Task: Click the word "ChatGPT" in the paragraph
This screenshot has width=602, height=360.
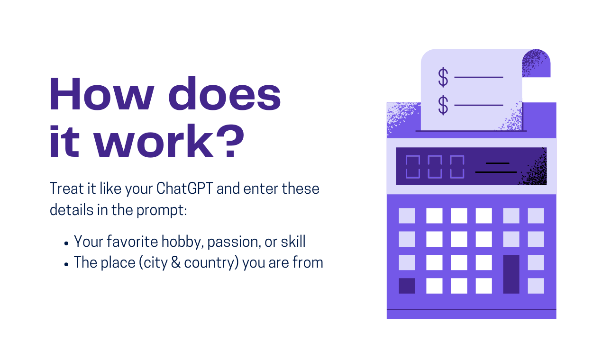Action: [185, 189]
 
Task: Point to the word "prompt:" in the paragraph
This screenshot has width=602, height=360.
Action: [162, 210]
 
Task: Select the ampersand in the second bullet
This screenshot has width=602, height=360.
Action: [175, 262]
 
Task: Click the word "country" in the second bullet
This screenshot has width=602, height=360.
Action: [210, 263]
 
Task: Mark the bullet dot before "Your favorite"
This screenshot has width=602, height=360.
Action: [66, 243]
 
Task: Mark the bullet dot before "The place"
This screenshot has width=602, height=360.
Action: [66, 264]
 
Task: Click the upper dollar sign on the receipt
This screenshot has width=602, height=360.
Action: [443, 77]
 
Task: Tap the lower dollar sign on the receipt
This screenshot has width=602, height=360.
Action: [443, 105]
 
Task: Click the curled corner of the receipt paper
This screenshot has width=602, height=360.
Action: [536, 63]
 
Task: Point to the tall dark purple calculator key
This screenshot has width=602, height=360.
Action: [511, 274]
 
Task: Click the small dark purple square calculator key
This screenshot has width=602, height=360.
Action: [407, 286]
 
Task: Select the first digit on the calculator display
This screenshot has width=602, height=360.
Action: [413, 167]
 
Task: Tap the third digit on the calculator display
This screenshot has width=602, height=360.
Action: [457, 167]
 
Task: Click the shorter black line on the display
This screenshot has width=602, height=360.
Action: [497, 163]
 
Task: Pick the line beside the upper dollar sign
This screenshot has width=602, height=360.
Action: [479, 77]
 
